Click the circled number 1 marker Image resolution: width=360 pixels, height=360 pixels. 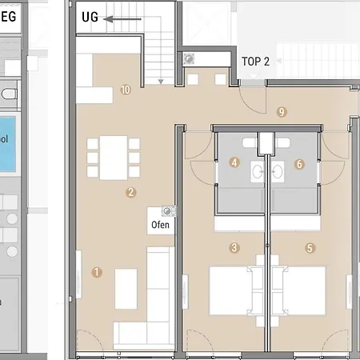click(x=98, y=272)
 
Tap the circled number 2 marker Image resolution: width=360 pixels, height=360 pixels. click(x=130, y=192)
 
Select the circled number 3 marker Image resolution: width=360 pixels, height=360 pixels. click(x=234, y=248)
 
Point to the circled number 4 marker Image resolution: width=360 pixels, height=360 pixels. click(x=234, y=163)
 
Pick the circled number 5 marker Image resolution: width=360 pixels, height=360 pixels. click(x=310, y=248)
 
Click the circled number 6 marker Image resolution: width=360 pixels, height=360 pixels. click(x=300, y=164)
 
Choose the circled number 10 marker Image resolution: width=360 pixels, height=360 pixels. click(x=126, y=90)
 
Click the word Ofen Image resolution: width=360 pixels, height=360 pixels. click(x=160, y=226)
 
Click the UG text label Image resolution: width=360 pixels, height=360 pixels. click(x=90, y=17)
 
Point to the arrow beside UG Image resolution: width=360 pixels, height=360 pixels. click(x=121, y=17)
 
